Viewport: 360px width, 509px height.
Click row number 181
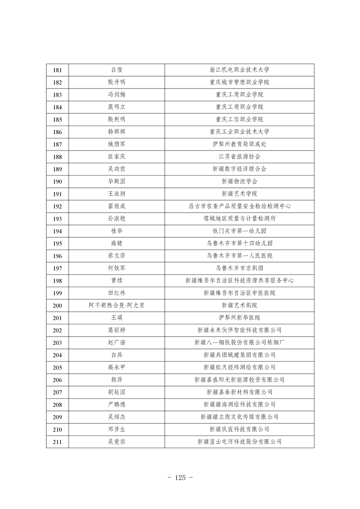57,70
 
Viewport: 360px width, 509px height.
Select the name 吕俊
117,70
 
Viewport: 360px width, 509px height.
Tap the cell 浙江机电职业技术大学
239,70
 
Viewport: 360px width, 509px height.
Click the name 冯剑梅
117,94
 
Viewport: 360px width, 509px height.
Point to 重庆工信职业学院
239,119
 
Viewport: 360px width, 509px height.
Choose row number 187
57,144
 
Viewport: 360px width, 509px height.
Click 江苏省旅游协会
239,157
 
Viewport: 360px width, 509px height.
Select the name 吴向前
117,169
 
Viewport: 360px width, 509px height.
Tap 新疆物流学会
239,181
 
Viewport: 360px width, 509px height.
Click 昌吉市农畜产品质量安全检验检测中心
239,206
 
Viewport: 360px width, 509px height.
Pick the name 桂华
117,231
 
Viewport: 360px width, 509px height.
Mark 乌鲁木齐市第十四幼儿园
239,243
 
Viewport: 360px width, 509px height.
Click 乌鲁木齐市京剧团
239,268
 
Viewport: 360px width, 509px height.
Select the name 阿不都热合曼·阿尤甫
117,305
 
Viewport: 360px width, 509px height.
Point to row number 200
57,305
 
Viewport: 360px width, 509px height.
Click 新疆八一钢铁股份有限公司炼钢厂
239,343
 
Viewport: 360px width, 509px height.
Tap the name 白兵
117,355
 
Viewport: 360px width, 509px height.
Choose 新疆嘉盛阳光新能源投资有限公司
239,380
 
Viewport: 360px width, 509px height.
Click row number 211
57,441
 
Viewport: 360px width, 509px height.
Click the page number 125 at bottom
180,477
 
